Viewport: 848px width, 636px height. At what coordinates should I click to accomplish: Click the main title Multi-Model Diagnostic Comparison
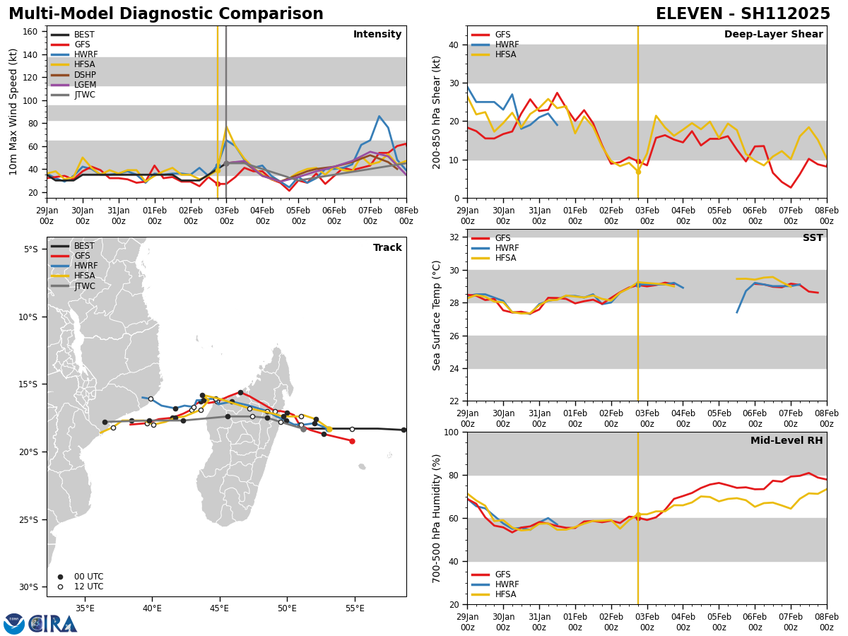(166, 14)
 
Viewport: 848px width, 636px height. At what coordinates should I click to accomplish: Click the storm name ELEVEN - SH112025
(743, 14)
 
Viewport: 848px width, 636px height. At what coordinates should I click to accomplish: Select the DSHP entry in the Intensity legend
(85, 75)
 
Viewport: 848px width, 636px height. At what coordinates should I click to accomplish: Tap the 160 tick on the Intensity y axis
(33, 31)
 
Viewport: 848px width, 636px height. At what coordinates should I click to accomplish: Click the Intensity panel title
(377, 35)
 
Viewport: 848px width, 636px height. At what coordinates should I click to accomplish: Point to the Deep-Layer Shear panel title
(773, 35)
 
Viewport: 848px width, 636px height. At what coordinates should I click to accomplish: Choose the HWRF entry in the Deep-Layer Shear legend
(505, 45)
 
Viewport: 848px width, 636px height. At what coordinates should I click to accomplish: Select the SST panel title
(812, 238)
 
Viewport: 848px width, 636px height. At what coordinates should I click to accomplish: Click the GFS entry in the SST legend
(502, 238)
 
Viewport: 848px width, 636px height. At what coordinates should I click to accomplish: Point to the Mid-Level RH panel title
(787, 441)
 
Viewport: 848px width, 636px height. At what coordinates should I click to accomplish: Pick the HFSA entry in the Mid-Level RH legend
(505, 594)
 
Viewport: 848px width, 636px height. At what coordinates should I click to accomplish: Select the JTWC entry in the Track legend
(85, 286)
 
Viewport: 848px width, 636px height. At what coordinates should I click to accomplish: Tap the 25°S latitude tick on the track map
(31, 519)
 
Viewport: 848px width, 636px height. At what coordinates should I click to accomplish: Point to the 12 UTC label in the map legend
(88, 587)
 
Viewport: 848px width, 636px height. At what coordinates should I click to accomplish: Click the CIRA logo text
(53, 624)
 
